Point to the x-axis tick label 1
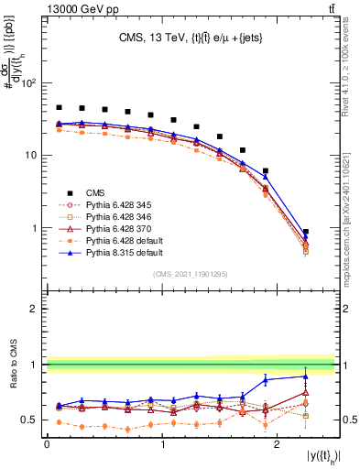click(162, 443)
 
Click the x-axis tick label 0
click(47, 443)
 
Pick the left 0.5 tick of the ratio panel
click(34, 420)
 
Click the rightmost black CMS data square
click(305, 232)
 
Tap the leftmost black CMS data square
click(59, 107)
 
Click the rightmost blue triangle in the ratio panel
click(305, 376)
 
